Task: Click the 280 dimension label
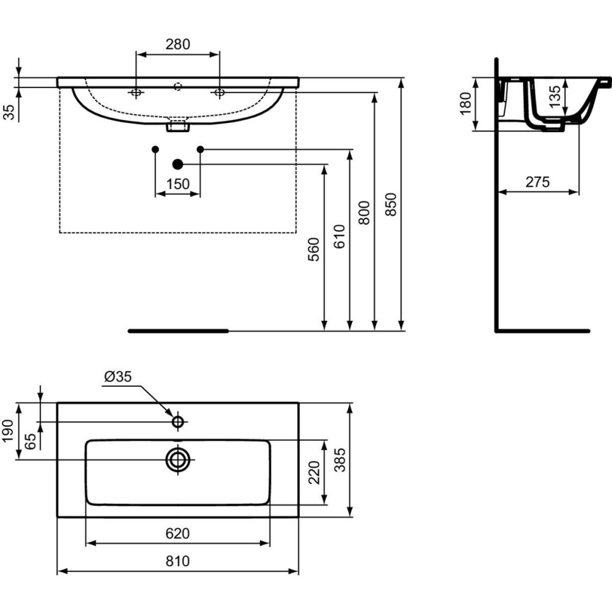pos(177,44)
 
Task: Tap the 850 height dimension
pos(390,204)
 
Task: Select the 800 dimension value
pos(364,212)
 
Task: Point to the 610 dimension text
pos(339,236)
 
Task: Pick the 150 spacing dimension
pos(177,184)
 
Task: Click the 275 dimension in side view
pos(537,182)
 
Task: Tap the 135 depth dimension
pos(554,97)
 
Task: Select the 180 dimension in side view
pos(466,103)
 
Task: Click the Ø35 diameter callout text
pos(118,376)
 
